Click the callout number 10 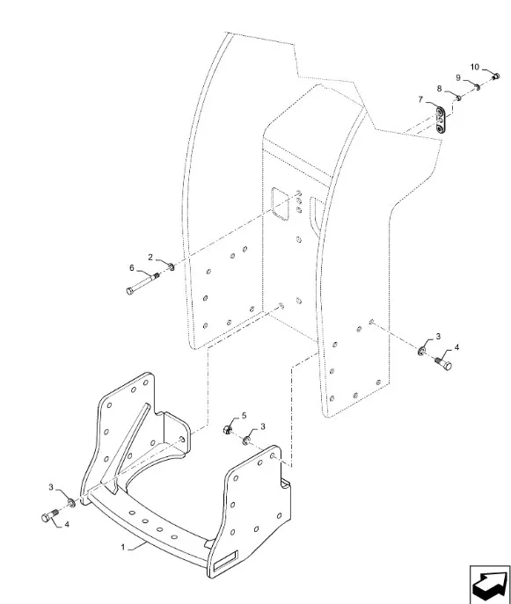click(474, 67)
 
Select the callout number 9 click(458, 78)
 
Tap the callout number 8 click(440, 89)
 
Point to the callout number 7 click(420, 99)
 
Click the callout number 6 click(132, 268)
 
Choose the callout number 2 click(150, 258)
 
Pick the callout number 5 click(244, 415)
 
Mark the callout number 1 click(123, 547)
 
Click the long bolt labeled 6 click(143, 283)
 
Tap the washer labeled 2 click(172, 266)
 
